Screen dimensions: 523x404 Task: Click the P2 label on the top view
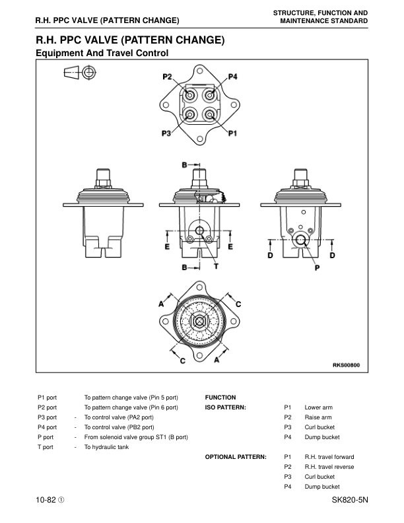point(167,77)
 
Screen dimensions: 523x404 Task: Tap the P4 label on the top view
point(232,77)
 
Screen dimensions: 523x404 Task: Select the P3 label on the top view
point(167,133)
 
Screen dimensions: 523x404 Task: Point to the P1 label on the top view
point(232,133)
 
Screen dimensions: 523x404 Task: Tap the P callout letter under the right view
point(317,268)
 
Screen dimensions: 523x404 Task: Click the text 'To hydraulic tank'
point(106,447)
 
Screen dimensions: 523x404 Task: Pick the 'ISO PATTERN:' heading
point(225,407)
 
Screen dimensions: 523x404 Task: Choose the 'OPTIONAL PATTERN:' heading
point(236,457)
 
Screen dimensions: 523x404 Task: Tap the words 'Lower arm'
point(318,407)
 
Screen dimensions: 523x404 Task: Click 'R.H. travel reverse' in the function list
point(329,467)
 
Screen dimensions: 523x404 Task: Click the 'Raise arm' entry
point(318,417)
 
